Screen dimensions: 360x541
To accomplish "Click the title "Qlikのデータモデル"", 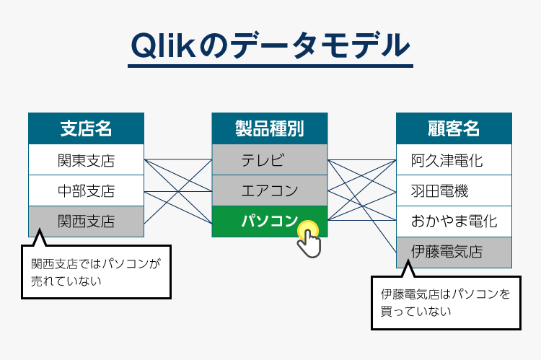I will pos(270,45).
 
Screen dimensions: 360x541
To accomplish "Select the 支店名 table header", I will pos(86,129).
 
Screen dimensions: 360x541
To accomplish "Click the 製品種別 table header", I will pos(269,129).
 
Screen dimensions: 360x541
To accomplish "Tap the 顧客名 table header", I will pos(454,129).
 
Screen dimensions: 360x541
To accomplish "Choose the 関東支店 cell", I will pos(86,159).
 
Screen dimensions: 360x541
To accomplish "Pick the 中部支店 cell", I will pos(86,191).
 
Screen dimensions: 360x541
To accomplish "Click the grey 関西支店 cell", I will pos(86,221).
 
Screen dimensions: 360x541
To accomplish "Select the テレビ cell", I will pos(269,159).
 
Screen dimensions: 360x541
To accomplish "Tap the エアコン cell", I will pos(269,191).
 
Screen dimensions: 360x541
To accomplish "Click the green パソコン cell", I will pos(260,221).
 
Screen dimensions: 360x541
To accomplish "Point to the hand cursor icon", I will pos(308,240).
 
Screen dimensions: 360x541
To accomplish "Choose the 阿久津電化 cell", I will pos(454,159).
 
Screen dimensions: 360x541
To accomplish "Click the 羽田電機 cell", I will pos(454,191).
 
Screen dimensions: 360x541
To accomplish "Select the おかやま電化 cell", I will pos(454,221).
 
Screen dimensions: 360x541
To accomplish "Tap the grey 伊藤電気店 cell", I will pos(454,252).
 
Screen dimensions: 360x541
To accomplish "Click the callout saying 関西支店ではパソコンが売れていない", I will pos(96,273).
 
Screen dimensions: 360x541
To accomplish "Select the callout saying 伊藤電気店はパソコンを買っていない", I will pos(444,303).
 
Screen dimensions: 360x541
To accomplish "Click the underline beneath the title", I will pos(270,67).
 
